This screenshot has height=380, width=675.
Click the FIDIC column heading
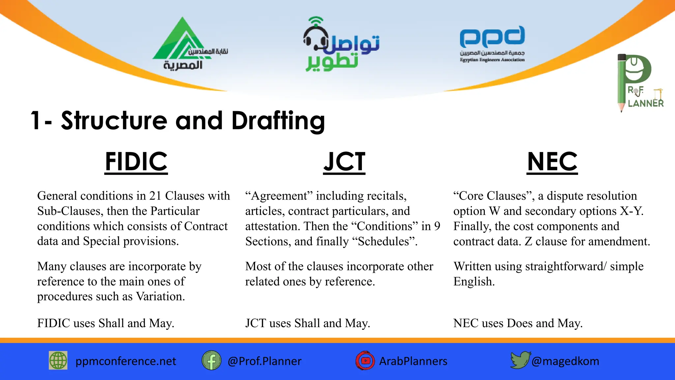point(136,162)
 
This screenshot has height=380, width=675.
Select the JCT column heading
point(344,162)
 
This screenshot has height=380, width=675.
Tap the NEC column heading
point(552,162)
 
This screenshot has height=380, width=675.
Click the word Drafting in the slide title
point(278,121)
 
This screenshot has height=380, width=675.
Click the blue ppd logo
point(492,37)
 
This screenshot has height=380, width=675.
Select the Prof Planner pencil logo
point(634,82)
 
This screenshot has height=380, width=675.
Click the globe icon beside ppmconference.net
point(58,360)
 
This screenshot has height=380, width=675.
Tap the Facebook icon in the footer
point(211,361)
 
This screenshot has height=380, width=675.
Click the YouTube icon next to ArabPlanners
point(365,361)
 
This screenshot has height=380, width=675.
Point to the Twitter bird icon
point(520,360)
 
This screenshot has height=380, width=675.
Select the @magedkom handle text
point(565,361)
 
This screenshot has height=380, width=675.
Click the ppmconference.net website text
point(126,361)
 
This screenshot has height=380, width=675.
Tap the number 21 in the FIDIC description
point(155,196)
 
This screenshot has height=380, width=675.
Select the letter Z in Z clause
point(528,241)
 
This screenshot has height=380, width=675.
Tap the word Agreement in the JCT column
point(279,196)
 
